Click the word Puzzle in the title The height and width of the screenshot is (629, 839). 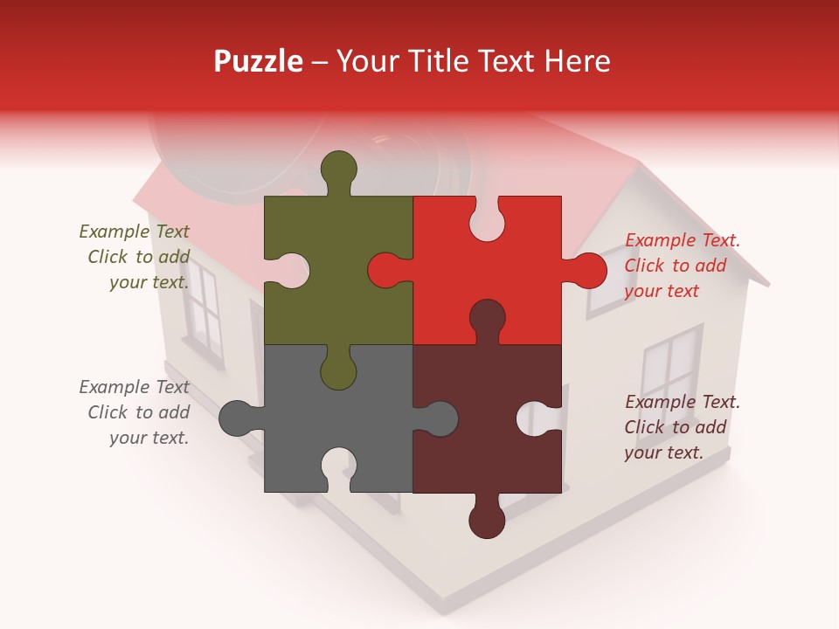(259, 61)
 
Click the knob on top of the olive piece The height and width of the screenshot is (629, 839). (338, 169)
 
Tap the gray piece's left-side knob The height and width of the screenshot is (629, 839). (237, 418)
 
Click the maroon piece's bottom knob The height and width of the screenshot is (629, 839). (487, 520)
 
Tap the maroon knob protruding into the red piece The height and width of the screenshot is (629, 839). (487, 319)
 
